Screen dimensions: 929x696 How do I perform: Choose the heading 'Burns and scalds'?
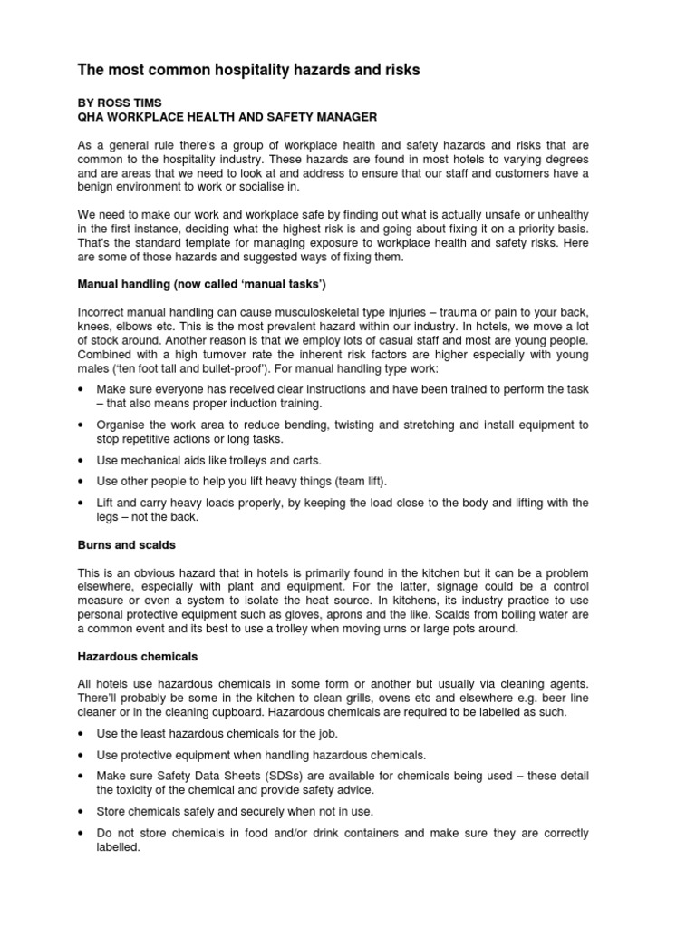click(x=127, y=545)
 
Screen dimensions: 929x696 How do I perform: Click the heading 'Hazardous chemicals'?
click(x=137, y=655)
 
